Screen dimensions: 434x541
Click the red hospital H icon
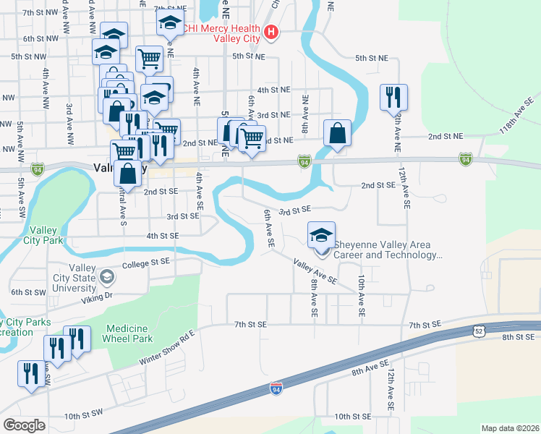(x=271, y=32)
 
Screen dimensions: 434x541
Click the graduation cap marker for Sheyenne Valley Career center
(x=321, y=234)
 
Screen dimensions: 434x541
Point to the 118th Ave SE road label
(x=514, y=118)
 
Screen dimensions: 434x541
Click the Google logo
(x=24, y=425)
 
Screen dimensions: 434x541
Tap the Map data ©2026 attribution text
(x=510, y=428)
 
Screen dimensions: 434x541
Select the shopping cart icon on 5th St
(x=149, y=58)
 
